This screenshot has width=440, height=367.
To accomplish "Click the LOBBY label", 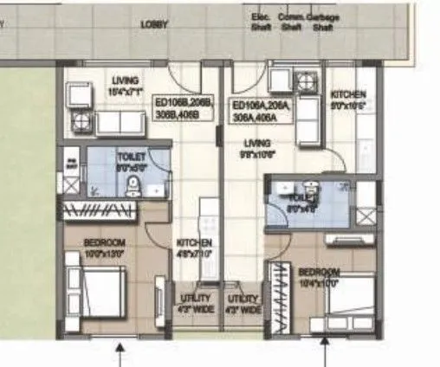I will coord(154,25).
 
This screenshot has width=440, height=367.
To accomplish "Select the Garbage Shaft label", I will coord(323,21).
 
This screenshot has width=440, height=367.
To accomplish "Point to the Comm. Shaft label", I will coord(291,21).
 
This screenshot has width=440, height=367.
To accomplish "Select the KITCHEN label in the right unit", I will coord(349,99).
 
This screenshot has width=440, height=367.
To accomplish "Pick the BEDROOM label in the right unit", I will coord(320,278).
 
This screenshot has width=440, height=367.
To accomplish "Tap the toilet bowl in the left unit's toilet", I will coord(133,183).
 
